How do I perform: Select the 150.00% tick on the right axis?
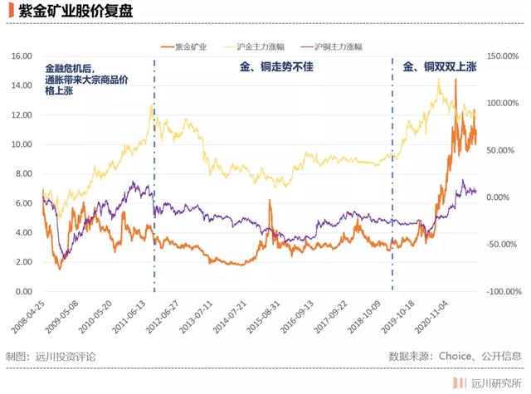(x=503, y=56)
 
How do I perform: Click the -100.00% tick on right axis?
(x=501, y=292)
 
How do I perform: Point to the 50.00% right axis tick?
(x=503, y=150)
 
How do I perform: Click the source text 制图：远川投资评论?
(x=51, y=356)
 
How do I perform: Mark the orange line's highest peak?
(x=456, y=80)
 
